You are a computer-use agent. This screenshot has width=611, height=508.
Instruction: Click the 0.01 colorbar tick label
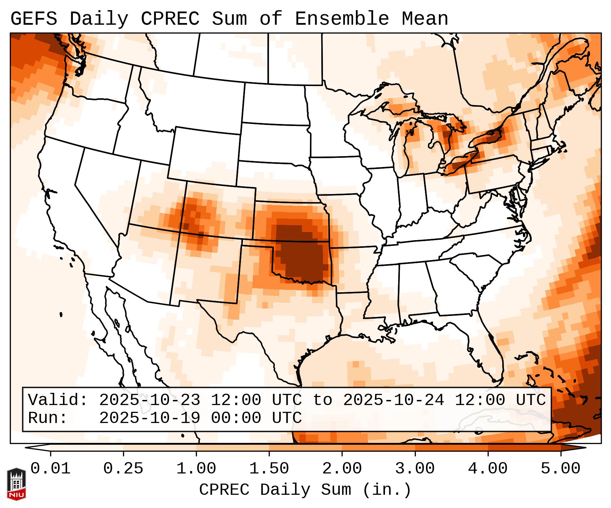[x=50, y=469]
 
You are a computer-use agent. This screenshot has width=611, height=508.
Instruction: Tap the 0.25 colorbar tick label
[x=123, y=469]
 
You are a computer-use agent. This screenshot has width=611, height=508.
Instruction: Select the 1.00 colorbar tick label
[x=196, y=469]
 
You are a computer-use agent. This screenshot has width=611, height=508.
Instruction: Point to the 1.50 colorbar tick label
[x=269, y=469]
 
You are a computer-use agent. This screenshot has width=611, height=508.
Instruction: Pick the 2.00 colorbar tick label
[x=342, y=469]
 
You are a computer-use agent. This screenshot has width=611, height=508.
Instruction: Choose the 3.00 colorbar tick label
[x=415, y=469]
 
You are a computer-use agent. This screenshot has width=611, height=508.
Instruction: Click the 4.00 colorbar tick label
[x=488, y=469]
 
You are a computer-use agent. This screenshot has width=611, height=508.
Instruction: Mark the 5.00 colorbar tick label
[x=561, y=469]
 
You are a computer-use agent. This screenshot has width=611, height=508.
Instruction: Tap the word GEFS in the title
[x=34, y=19]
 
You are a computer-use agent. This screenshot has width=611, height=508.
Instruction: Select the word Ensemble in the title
[x=342, y=19]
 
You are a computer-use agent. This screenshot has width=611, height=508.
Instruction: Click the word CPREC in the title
[x=170, y=19]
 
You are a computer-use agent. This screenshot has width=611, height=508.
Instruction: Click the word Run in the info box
[x=47, y=418]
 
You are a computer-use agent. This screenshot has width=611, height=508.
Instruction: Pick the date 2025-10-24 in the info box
[x=393, y=400]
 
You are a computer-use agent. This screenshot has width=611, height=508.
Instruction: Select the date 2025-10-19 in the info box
[x=149, y=418]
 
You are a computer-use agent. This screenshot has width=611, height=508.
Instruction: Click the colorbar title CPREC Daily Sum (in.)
[x=305, y=490]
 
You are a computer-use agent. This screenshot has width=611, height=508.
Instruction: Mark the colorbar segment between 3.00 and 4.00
[x=451, y=448]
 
